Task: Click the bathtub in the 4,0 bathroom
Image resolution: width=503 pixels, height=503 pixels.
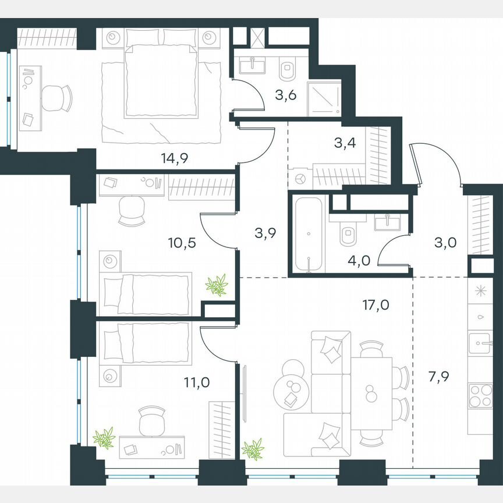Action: (x=308, y=235)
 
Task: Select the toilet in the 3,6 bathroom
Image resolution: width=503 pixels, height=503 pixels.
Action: (x=288, y=69)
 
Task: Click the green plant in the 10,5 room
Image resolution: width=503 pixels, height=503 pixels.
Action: (x=217, y=285)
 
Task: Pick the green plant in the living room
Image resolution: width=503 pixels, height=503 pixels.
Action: (x=254, y=449)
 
